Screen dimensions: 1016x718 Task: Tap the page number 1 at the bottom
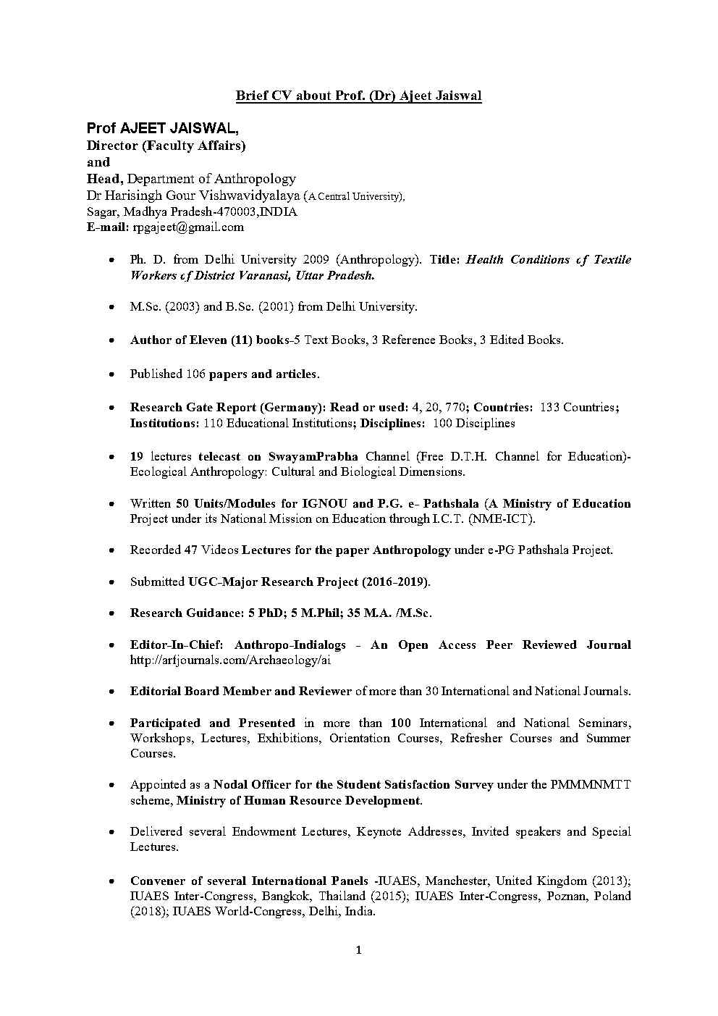pos(358,950)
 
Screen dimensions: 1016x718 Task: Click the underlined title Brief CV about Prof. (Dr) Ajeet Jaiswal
pos(359,96)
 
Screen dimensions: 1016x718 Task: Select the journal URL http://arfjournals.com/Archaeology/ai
pos(230,660)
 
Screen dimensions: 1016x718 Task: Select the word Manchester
pos(455,881)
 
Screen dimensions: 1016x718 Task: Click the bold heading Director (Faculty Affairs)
pos(166,146)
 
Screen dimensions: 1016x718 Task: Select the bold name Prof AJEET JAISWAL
pos(162,129)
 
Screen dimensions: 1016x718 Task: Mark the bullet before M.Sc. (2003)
pos(110,307)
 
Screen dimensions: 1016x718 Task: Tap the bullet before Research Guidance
pos(110,613)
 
